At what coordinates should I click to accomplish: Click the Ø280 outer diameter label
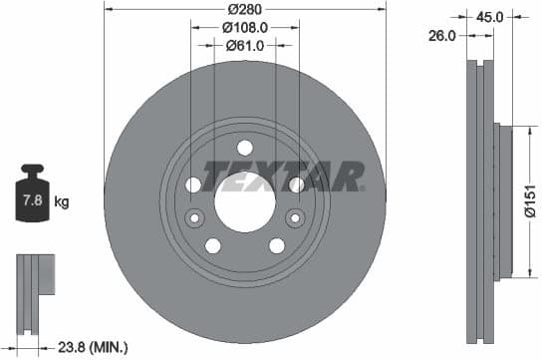pyautogui.click(x=244, y=9)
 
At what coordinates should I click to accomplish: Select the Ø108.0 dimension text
pyautogui.click(x=244, y=27)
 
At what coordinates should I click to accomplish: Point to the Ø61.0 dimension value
pyautogui.click(x=244, y=45)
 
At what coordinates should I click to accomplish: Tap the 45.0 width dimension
pyautogui.click(x=488, y=16)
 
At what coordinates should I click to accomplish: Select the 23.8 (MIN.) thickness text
pyautogui.click(x=91, y=348)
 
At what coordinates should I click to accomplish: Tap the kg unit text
pyautogui.click(x=62, y=202)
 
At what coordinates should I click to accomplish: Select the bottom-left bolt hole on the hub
pyautogui.click(x=213, y=245)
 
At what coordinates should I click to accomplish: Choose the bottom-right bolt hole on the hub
pyautogui.click(x=275, y=245)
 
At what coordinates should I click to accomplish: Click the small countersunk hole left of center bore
pyautogui.click(x=195, y=218)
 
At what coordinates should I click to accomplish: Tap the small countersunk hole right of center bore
pyautogui.click(x=293, y=218)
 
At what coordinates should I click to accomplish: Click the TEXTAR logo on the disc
pyautogui.click(x=282, y=176)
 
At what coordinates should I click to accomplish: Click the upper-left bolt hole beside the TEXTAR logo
pyautogui.click(x=193, y=185)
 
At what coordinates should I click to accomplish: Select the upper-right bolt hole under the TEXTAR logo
pyautogui.click(x=295, y=185)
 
